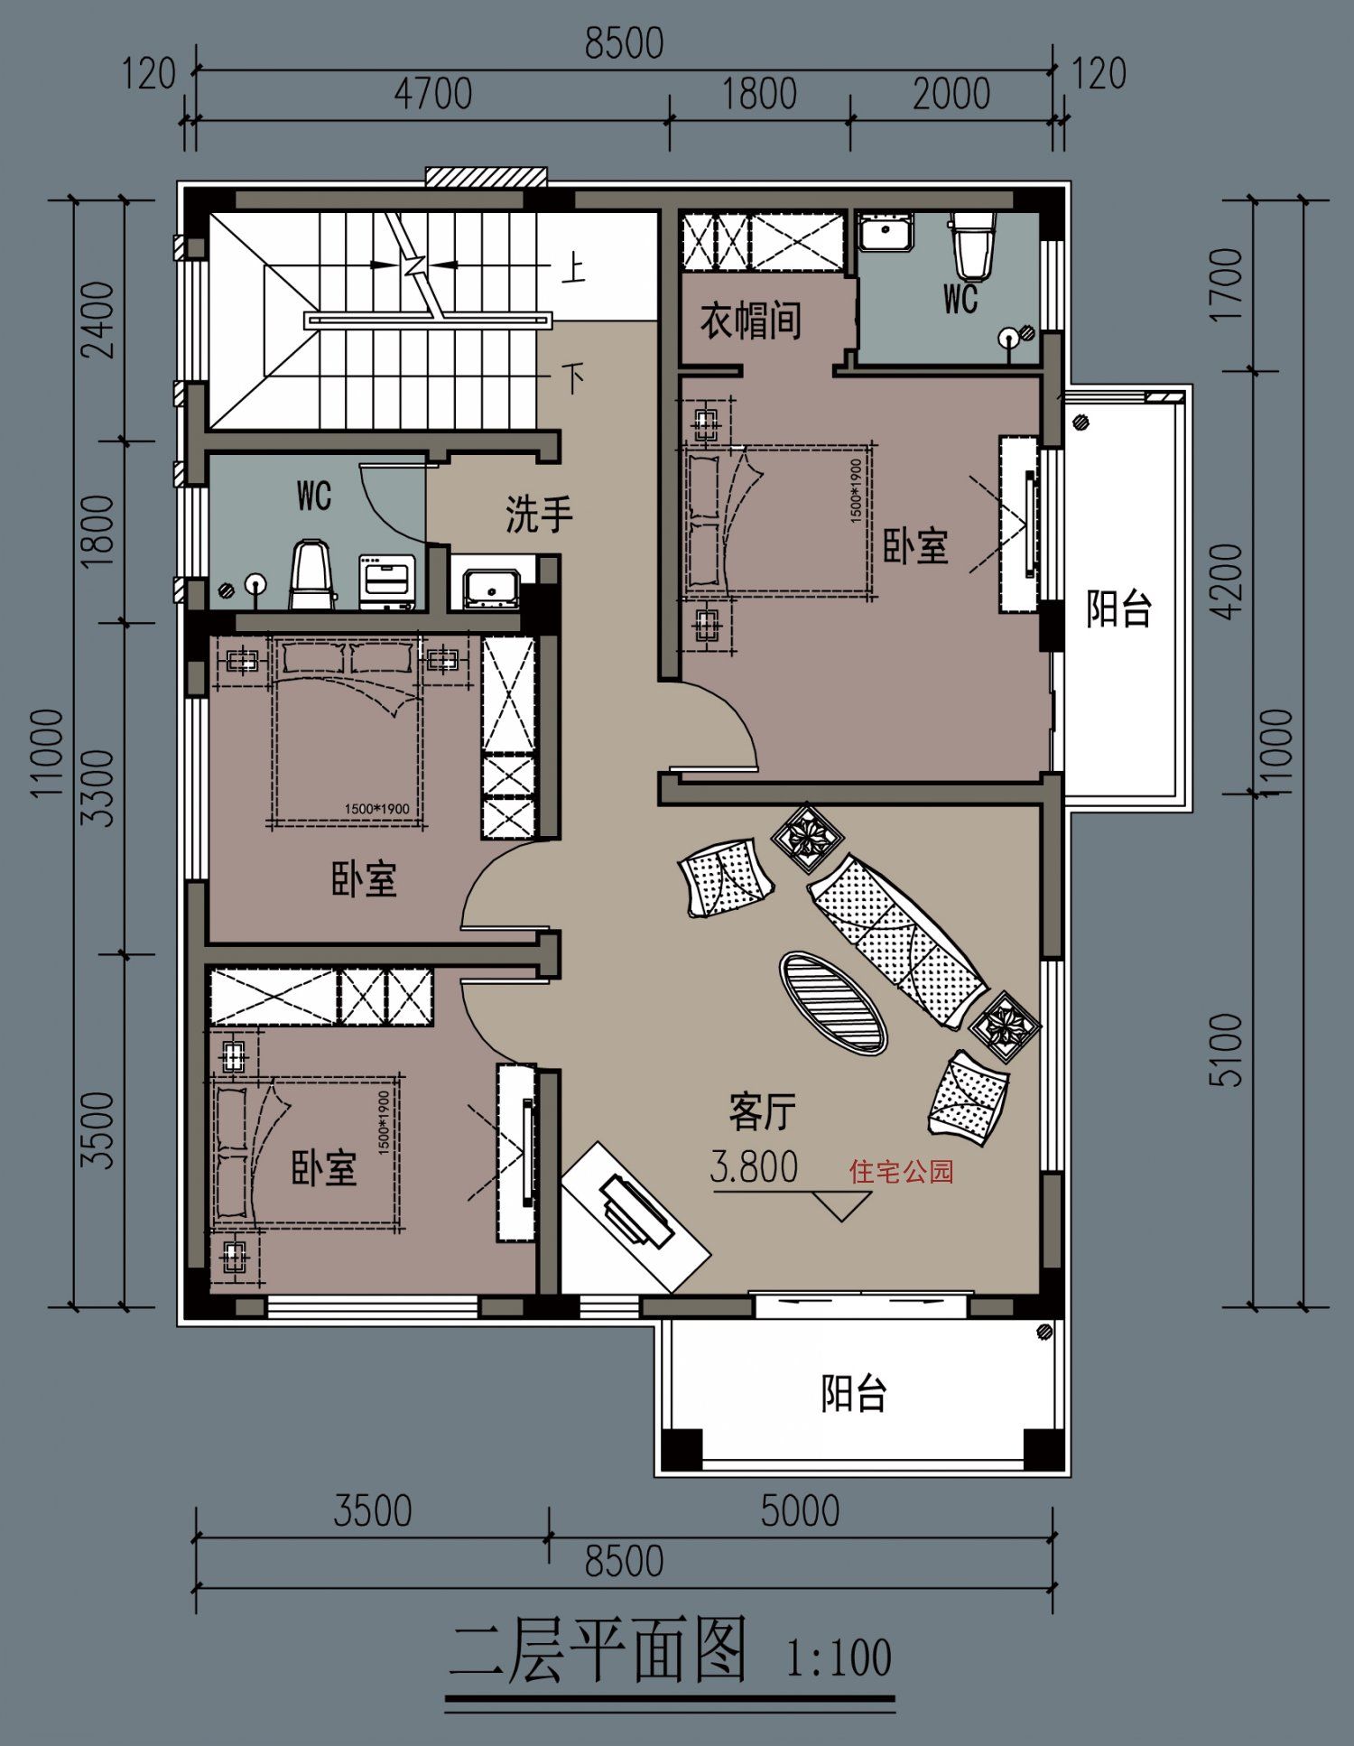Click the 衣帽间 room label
click(751, 320)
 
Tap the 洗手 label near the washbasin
click(539, 514)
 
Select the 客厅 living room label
click(763, 1111)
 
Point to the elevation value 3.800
click(755, 1166)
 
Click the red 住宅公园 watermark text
click(901, 1172)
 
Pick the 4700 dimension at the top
click(432, 94)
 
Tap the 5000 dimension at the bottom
click(800, 1510)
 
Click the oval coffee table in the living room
click(833, 1002)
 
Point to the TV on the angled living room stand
click(635, 1210)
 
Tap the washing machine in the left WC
click(387, 580)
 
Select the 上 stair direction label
click(573, 268)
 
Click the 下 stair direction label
click(573, 377)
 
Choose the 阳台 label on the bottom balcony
click(854, 1393)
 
